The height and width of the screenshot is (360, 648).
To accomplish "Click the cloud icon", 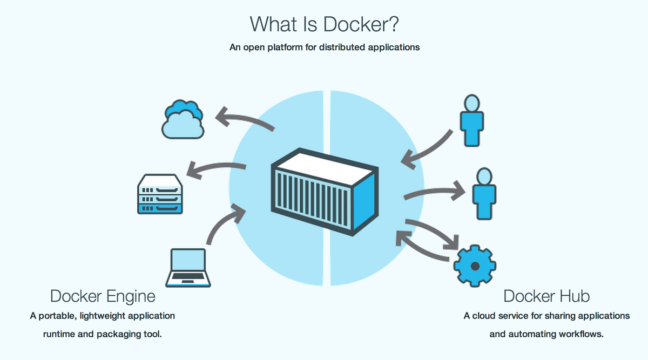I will click(x=183, y=120).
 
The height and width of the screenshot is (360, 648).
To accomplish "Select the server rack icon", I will click(x=159, y=194).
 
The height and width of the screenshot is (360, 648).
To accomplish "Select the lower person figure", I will click(x=483, y=194).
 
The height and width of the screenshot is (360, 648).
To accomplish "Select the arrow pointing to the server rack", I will click(x=216, y=169).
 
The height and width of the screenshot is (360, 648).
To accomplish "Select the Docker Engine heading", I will click(x=103, y=296).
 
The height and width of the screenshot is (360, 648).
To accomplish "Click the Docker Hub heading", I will click(x=546, y=296).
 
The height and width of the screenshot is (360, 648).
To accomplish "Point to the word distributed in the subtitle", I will click(x=342, y=47).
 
